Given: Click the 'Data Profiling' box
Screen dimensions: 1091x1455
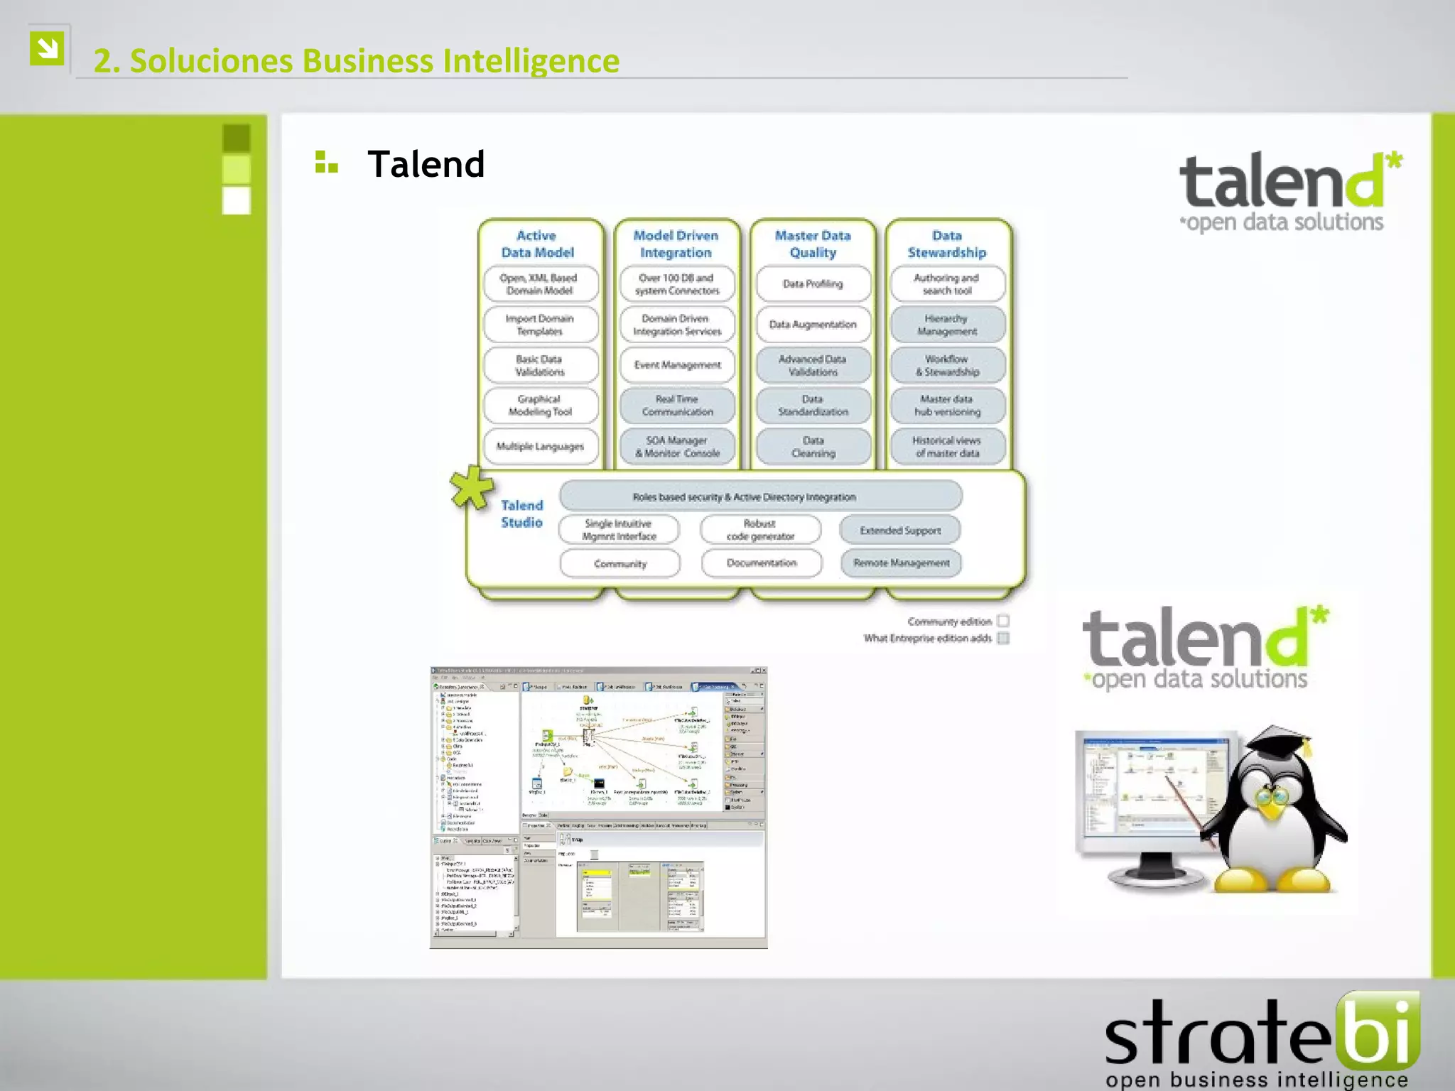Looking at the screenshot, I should (813, 284).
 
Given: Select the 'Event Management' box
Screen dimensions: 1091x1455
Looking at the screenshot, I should (677, 365).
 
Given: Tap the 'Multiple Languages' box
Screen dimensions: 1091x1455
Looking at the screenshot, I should (540, 446).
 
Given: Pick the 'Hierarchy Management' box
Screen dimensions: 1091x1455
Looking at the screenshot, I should (947, 325).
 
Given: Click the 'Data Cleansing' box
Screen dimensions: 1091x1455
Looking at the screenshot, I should (813, 447).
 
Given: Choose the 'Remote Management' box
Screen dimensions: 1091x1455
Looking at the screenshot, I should (901, 563).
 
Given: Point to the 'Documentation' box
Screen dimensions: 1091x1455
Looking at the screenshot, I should (761, 563).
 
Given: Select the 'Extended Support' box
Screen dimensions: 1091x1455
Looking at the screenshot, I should (900, 530).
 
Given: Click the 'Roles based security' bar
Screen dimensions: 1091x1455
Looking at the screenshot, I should (760, 496).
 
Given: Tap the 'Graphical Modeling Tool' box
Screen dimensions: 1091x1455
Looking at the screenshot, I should (540, 406).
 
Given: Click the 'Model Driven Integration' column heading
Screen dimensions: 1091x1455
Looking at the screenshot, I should (676, 244).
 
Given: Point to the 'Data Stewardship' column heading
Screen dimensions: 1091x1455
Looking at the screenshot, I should (947, 244).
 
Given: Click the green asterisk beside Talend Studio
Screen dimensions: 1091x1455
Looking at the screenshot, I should (471, 488).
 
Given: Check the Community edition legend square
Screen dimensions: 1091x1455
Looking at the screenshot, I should (1003, 621).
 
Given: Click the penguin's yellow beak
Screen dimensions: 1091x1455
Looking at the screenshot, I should (1270, 806).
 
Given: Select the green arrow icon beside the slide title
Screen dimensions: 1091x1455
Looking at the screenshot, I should (48, 48).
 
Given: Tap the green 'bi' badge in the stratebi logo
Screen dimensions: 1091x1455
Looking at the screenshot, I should (1378, 1031).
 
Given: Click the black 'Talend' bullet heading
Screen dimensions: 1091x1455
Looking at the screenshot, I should (426, 165).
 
